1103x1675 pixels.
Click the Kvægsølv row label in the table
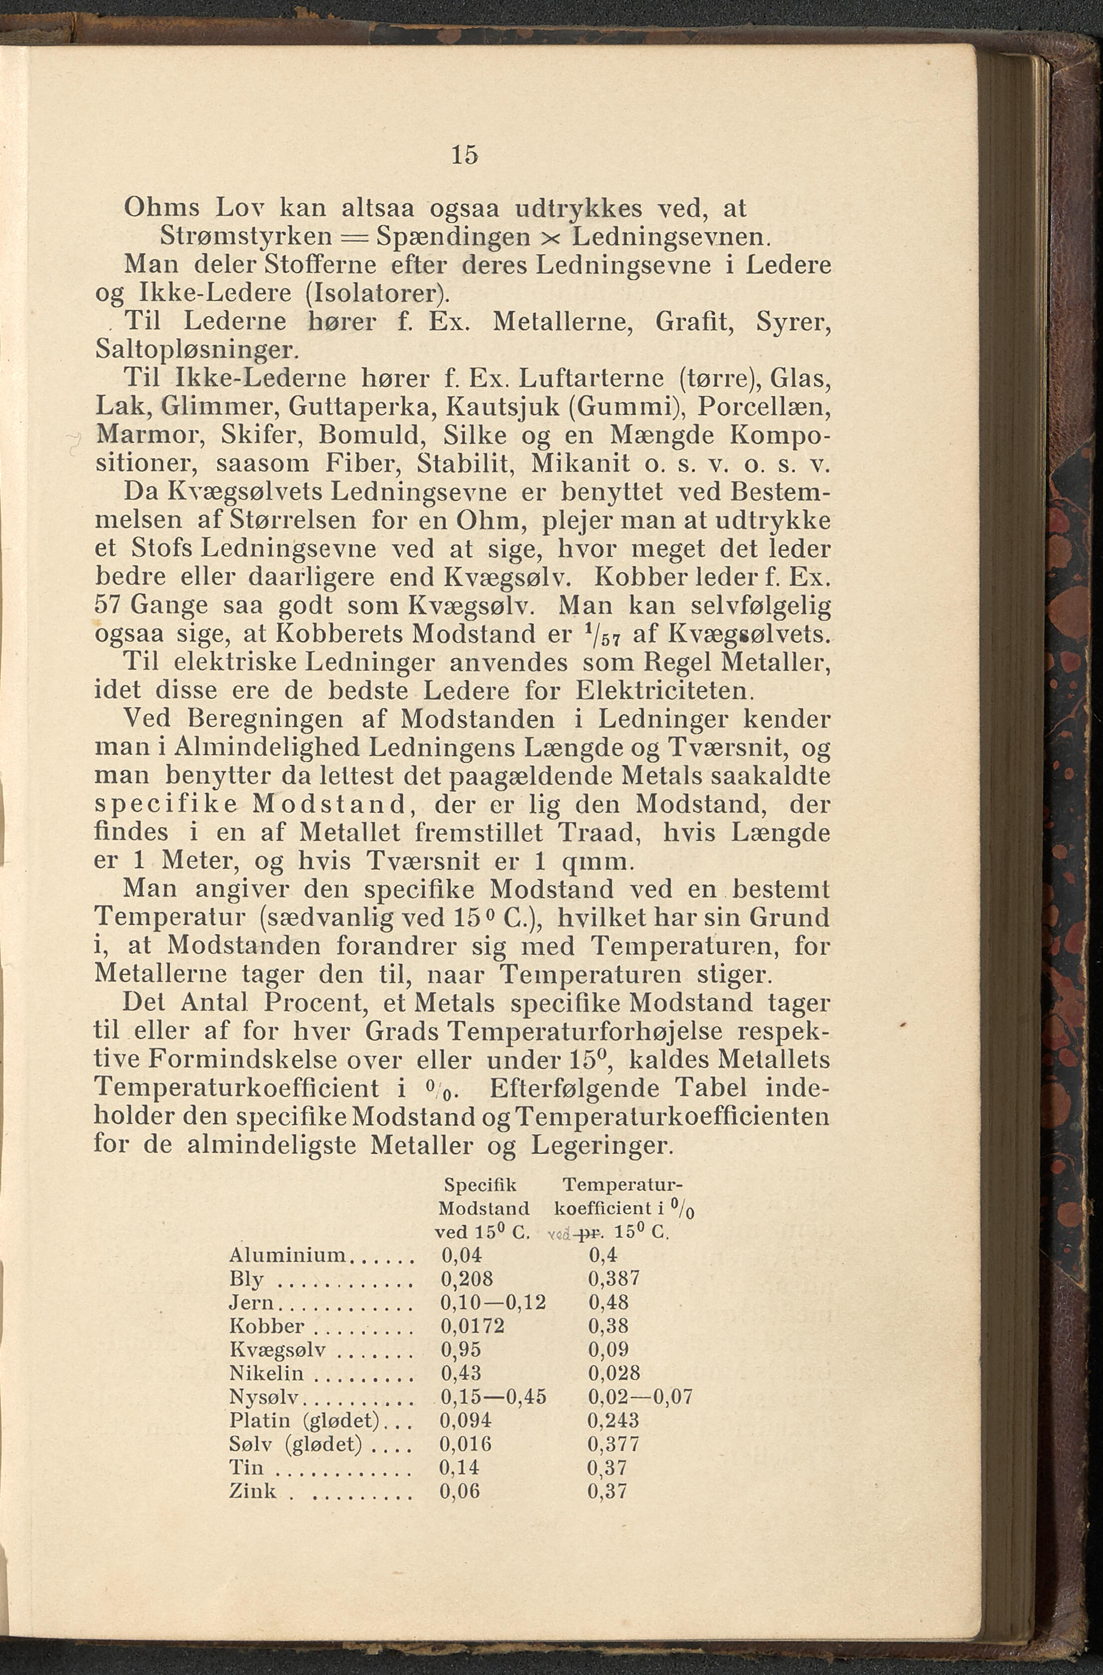[277, 1350]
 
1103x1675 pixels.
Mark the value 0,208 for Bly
[467, 1279]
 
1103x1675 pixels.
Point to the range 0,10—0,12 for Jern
[493, 1303]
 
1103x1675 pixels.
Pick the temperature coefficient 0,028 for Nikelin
[614, 1373]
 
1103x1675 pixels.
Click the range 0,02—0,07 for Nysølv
[640, 1396]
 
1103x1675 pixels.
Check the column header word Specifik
[481, 1185]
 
